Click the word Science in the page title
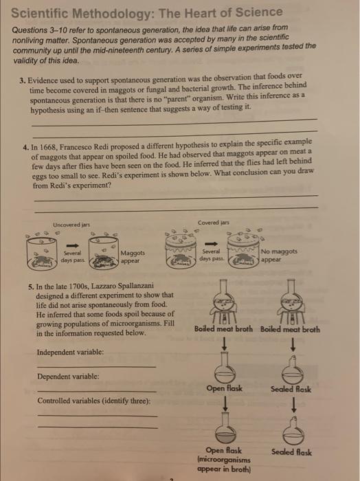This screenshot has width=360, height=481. [260, 12]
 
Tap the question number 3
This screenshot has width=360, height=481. [22, 80]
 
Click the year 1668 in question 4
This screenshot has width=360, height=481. [45, 147]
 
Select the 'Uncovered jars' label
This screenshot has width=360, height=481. [71, 225]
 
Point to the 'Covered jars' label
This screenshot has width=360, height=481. [214, 223]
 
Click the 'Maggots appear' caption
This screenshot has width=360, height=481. [133, 257]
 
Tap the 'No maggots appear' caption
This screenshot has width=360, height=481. [279, 255]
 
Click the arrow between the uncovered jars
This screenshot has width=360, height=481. [72, 245]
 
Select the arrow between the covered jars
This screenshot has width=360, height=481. [212, 244]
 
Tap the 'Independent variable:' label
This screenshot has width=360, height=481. [70, 352]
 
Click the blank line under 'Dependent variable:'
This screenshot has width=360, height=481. [97, 391]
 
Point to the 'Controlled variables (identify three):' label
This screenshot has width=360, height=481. [94, 401]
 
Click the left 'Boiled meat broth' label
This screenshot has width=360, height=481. [223, 329]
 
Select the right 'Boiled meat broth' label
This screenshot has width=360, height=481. [290, 329]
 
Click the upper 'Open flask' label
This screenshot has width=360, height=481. [224, 388]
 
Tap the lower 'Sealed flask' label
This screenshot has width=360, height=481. [291, 452]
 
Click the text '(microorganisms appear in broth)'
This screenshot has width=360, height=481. [224, 465]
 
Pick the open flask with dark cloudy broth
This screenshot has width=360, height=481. [225, 428]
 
